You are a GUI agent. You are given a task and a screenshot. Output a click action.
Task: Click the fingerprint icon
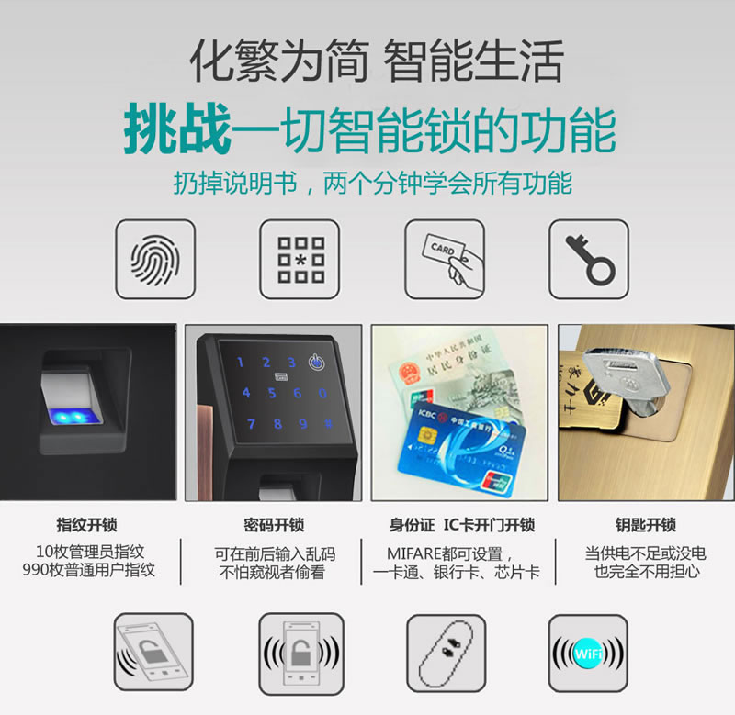[x=154, y=259]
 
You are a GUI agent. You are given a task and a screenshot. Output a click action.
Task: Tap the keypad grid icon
[x=300, y=259]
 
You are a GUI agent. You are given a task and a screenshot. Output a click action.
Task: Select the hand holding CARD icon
[x=445, y=259]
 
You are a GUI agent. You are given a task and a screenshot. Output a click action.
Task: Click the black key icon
[x=589, y=259]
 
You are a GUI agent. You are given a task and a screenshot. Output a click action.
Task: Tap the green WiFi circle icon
[x=588, y=654]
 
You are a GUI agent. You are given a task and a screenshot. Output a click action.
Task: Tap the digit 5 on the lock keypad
[x=272, y=393]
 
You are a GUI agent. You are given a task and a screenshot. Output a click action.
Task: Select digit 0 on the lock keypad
[x=322, y=393]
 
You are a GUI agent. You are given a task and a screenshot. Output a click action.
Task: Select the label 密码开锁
[x=273, y=526]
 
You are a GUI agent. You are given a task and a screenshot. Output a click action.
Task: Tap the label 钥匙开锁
[x=645, y=526]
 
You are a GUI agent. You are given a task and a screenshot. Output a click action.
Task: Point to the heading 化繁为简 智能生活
[x=376, y=61]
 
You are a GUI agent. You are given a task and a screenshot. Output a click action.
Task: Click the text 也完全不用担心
[x=645, y=572]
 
